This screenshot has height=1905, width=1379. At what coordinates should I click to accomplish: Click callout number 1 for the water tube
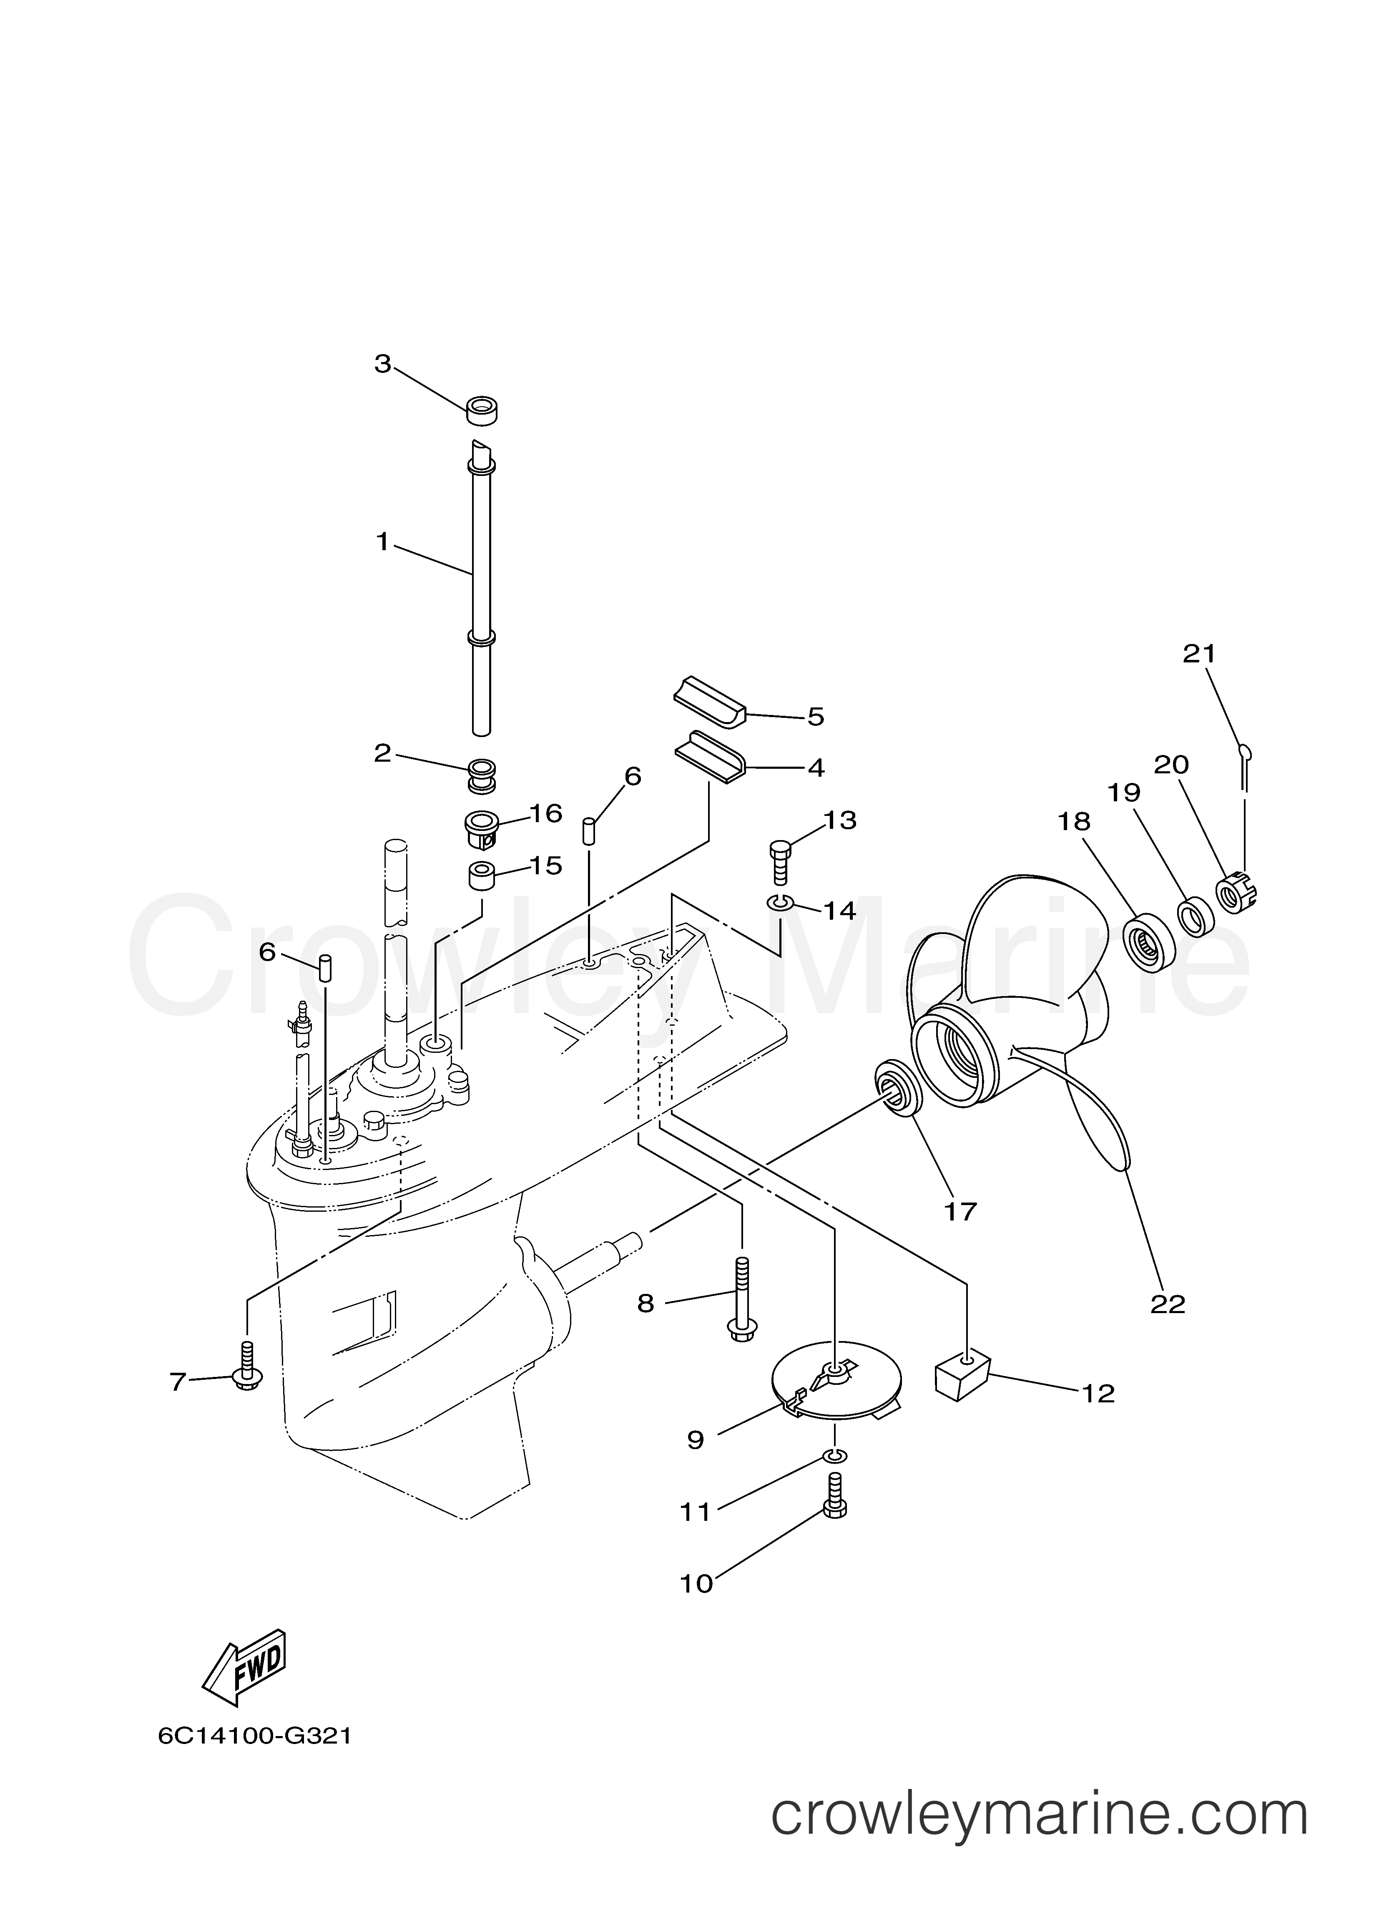pyautogui.click(x=382, y=542)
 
